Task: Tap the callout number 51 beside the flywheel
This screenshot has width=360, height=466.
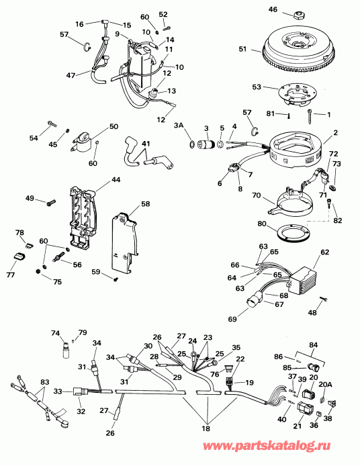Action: point(243,48)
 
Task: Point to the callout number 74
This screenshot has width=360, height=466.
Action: point(56,333)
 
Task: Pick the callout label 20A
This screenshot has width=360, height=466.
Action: point(325,384)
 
